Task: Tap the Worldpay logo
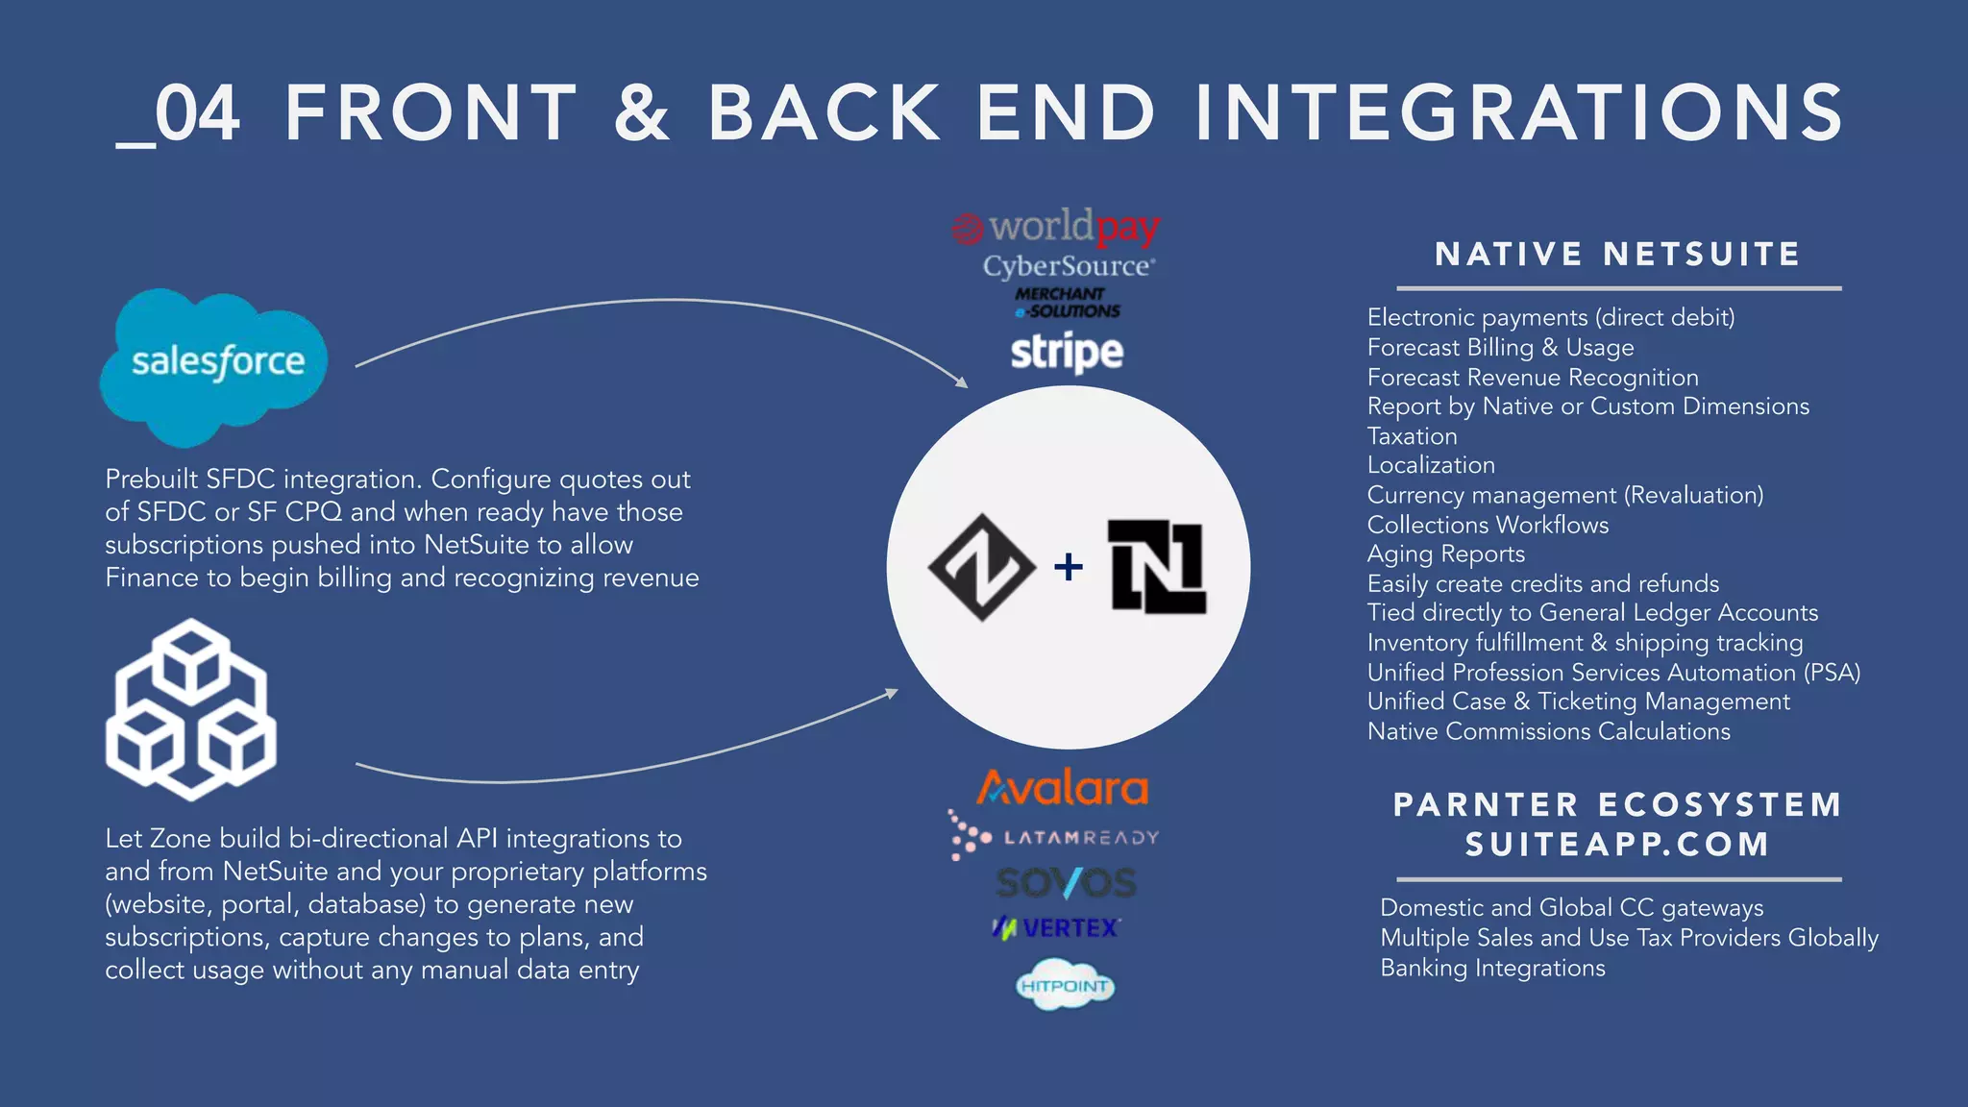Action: [1057, 228]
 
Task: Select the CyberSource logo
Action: [1068, 266]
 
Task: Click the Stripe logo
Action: [1067, 352]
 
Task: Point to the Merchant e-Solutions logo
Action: [1067, 303]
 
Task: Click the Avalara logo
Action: [1063, 788]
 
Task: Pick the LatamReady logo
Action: [1055, 837]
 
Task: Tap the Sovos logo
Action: [1067, 882]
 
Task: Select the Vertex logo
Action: [1057, 927]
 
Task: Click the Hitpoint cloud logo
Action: [1065, 985]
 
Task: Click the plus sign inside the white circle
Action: [1068, 567]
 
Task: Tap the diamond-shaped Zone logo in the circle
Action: [981, 567]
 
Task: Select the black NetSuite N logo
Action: [1157, 567]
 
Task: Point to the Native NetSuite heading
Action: [1617, 255]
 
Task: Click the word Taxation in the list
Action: [1412, 436]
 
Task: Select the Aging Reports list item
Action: [1445, 554]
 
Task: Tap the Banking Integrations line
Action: [1492, 968]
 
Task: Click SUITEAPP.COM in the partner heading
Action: [1617, 844]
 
